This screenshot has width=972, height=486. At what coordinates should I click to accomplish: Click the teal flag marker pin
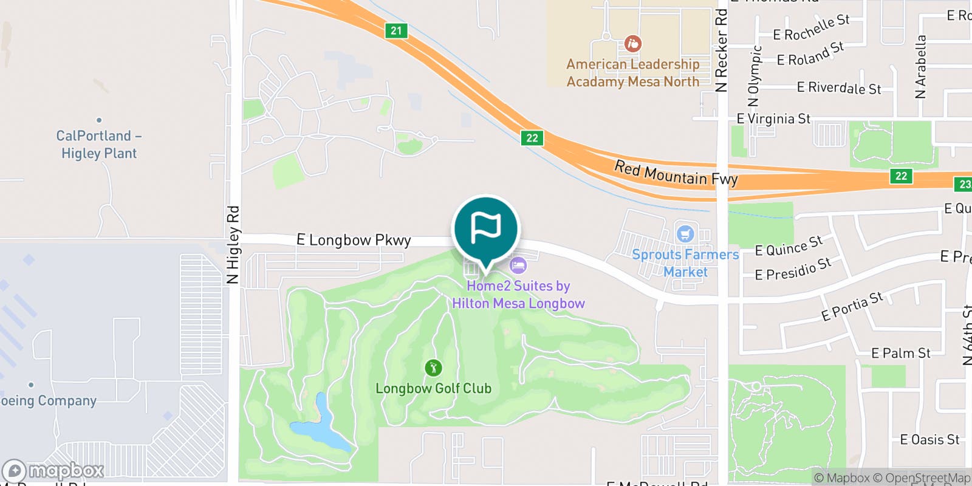point(485,229)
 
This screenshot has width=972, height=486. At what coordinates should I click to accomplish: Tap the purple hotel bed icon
point(518,265)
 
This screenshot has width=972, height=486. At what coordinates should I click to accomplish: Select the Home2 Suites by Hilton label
point(518,295)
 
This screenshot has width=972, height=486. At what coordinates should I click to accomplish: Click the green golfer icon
point(433,368)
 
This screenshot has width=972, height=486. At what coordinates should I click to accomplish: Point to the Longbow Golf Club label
point(433,388)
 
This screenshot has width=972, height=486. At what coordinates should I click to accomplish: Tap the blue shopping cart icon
point(685,234)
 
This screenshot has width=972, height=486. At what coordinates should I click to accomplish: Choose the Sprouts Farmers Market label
point(685,263)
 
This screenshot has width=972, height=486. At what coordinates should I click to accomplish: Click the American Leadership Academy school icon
point(632,44)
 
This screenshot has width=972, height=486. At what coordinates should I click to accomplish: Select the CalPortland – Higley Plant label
point(99,145)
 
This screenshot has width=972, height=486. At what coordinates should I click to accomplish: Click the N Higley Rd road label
point(233,245)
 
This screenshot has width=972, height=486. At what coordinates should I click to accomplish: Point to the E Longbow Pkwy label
point(354,240)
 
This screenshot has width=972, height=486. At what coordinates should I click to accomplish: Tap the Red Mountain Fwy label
point(676,173)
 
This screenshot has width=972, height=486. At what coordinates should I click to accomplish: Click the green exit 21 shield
point(396,30)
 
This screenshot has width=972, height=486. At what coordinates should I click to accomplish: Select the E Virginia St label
point(773,118)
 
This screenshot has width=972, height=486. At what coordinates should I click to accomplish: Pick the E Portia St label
point(852,306)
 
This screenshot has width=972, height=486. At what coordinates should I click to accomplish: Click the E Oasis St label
point(929,439)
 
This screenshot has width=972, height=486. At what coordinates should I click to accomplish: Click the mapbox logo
point(53,471)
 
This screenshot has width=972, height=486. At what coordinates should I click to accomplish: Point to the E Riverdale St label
point(838,88)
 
